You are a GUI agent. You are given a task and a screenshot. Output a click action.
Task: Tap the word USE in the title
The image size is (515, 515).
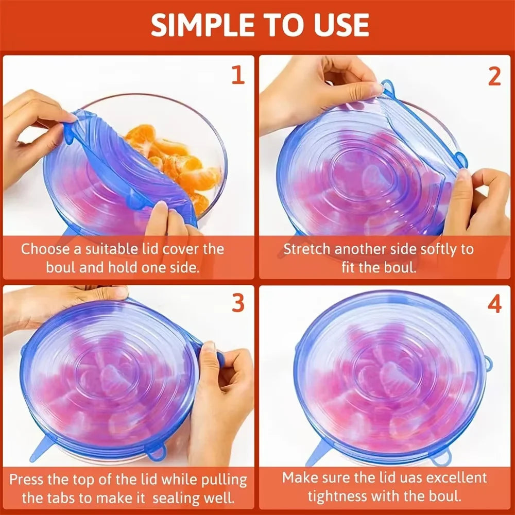(x=339, y=24)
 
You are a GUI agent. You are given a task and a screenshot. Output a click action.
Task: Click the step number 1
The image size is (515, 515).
(x=237, y=76)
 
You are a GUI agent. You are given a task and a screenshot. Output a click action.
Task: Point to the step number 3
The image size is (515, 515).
(x=237, y=304)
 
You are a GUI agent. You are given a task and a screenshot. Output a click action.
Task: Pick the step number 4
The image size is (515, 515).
(x=494, y=305)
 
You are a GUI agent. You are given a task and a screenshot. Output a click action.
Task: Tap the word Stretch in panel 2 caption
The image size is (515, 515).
(x=307, y=249)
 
